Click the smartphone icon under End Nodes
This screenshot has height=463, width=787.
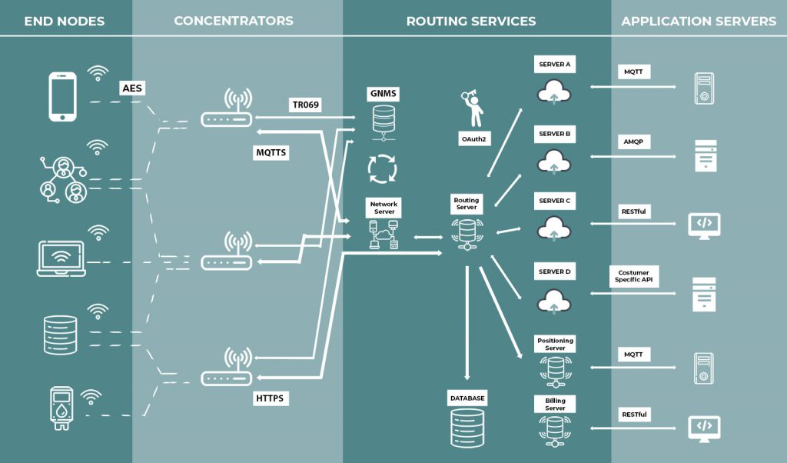(63, 97)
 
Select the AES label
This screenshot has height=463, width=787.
(131, 88)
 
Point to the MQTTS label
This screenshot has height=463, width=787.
(271, 152)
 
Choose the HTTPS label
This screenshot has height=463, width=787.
(269, 399)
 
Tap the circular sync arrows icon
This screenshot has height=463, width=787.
(384, 168)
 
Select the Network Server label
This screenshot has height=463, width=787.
(384, 208)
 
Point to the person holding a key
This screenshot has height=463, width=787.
(473, 108)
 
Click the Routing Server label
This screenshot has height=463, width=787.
(466, 204)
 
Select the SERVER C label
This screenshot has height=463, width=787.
(555, 201)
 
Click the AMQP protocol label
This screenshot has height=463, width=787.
(633, 143)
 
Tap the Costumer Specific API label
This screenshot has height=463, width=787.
(633, 277)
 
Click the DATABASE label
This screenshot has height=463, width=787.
(467, 398)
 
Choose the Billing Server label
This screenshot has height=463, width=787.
(555, 404)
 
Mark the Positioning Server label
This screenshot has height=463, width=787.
(555, 344)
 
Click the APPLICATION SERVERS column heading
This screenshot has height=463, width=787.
(699, 21)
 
